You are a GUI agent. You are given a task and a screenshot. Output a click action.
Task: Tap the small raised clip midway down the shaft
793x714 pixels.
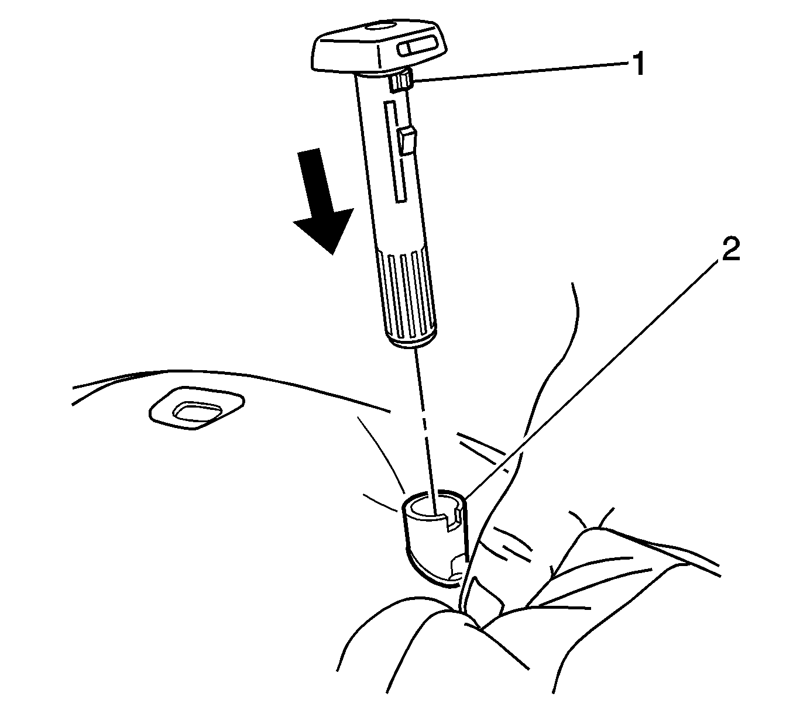(x=407, y=140)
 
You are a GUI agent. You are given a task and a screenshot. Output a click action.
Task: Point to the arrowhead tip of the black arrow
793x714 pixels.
(x=333, y=254)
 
